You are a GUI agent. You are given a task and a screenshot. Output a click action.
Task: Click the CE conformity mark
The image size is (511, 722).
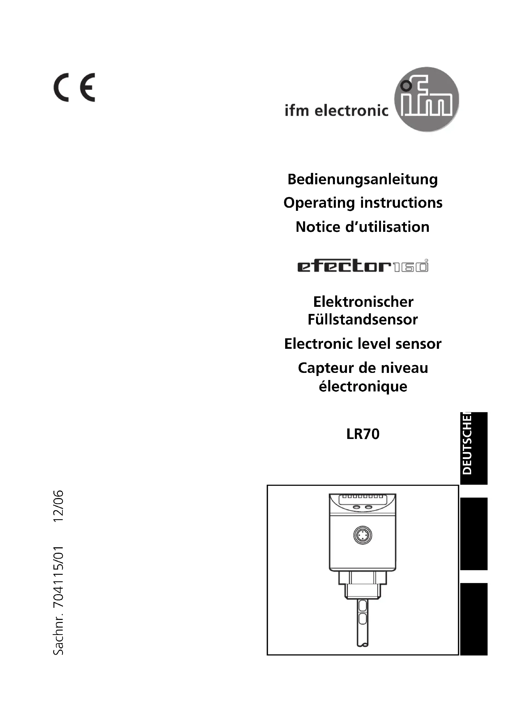click(x=74, y=87)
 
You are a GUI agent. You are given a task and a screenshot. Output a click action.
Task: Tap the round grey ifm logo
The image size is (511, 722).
click(x=426, y=99)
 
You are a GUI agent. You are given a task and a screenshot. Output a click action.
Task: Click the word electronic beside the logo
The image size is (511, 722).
click(x=352, y=111)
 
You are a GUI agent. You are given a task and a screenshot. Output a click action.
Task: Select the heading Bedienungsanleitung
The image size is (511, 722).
click(x=362, y=179)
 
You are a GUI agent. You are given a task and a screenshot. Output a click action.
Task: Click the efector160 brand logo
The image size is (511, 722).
click(x=362, y=266)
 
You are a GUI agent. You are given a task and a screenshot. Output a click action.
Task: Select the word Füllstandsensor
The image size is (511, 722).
click(x=362, y=319)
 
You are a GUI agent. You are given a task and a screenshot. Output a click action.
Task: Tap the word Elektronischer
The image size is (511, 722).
click(x=363, y=302)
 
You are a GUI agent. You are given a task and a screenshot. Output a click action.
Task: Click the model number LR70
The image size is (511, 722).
click(x=363, y=434)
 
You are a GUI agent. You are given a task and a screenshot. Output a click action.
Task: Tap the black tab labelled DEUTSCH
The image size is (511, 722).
click(x=474, y=448)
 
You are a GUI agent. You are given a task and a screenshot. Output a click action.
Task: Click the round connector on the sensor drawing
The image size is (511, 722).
click(x=362, y=535)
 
